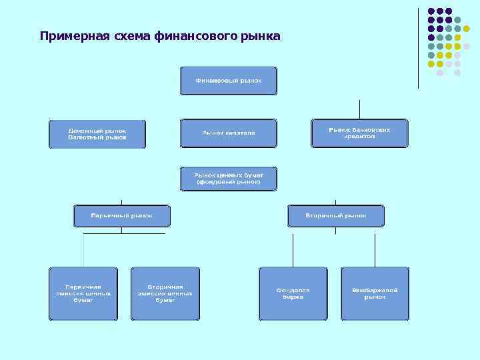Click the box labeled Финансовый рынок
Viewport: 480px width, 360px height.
[228, 80]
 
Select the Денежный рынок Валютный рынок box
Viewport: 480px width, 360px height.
[97, 133]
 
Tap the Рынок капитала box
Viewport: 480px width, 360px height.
[228, 133]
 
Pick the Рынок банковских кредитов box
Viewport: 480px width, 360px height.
[359, 133]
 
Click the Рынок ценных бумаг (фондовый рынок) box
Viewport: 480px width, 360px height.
[228, 178]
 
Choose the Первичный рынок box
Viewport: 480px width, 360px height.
[122, 216]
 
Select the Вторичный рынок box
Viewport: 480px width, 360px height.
[336, 216]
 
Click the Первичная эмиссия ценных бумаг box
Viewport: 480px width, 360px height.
[83, 293]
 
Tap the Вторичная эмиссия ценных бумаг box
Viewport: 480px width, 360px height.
[165, 293]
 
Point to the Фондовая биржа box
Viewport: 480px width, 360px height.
[293, 293]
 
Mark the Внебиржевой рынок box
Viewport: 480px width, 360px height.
[375, 293]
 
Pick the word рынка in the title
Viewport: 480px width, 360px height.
[259, 35]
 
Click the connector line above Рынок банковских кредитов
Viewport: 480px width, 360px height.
[359, 109]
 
